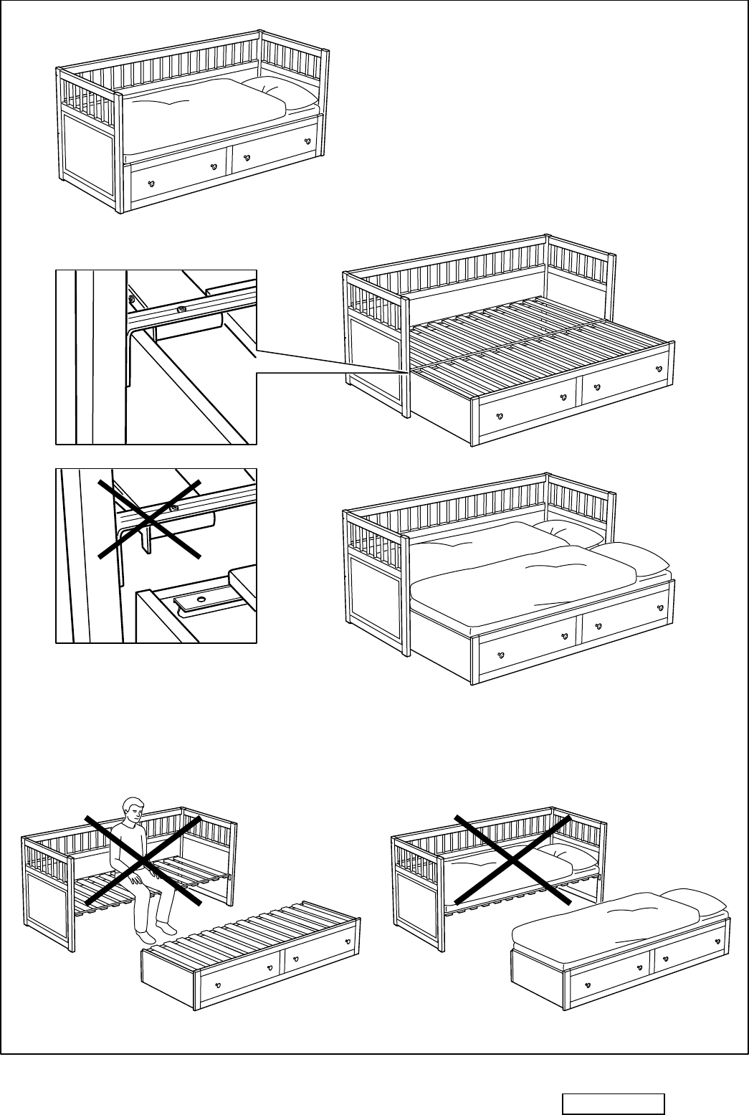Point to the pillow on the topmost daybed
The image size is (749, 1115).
(x=280, y=92)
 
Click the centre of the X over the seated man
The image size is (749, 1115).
(x=142, y=859)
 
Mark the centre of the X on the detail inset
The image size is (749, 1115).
(x=148, y=518)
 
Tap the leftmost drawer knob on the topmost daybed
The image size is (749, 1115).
(x=151, y=184)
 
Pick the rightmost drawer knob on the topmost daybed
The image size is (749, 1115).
(x=308, y=141)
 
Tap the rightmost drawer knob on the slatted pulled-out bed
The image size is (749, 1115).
(x=661, y=368)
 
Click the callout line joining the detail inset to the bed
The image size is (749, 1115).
(x=330, y=361)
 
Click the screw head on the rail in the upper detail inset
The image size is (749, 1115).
(x=181, y=310)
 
